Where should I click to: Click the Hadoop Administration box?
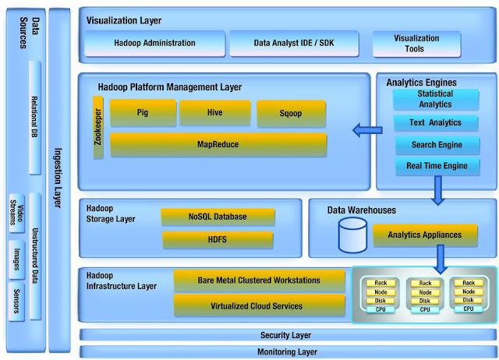click(x=154, y=44)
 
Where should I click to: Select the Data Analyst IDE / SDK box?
click(x=293, y=44)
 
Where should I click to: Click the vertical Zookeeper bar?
click(x=98, y=128)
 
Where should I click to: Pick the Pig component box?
click(x=143, y=113)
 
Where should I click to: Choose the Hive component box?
click(x=214, y=113)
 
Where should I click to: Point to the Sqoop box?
click(x=290, y=114)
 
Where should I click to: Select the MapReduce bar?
click(x=218, y=144)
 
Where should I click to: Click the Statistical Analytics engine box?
click(x=435, y=99)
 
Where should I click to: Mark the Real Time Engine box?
click(x=437, y=166)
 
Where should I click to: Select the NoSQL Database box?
click(x=218, y=216)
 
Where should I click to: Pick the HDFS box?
click(x=218, y=239)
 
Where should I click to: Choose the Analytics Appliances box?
click(x=424, y=234)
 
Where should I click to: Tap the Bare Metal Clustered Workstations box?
click(x=258, y=280)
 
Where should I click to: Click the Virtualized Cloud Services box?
click(x=258, y=305)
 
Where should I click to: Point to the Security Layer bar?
click(x=285, y=335)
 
